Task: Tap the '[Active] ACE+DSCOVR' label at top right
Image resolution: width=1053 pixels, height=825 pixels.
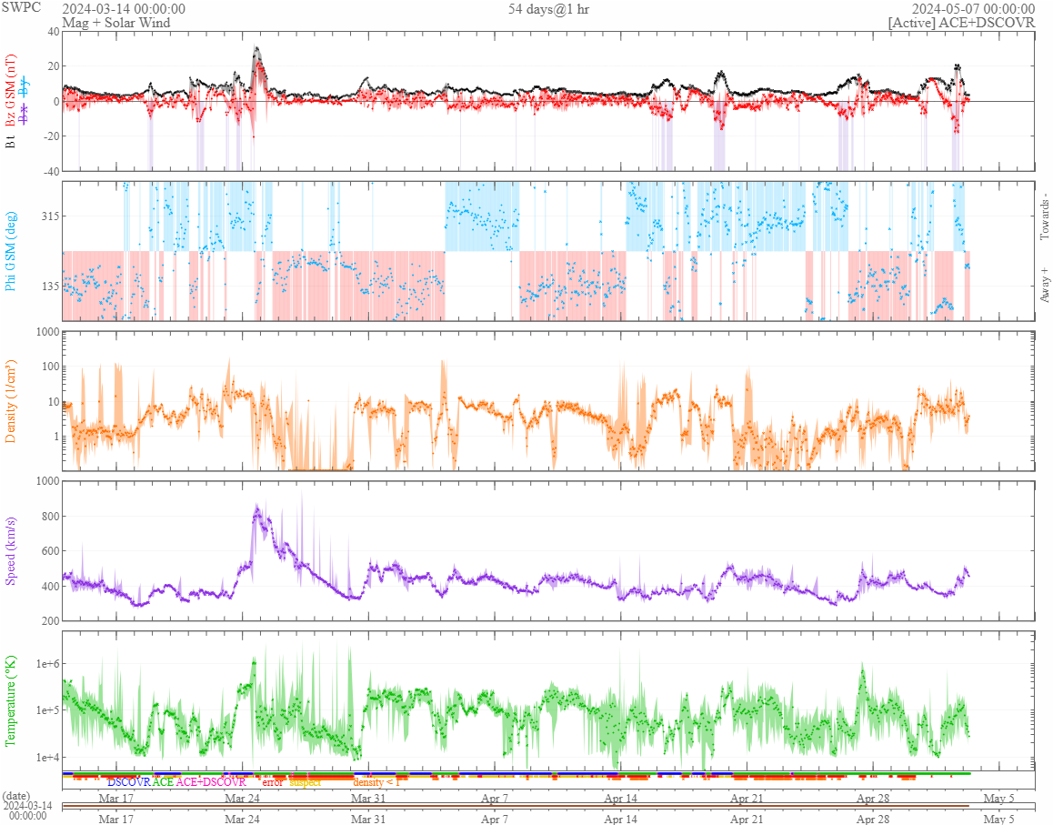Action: pos(961,23)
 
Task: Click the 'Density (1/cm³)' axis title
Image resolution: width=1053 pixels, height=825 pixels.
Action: pos(12,401)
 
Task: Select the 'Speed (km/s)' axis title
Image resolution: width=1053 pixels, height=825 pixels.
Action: pos(12,550)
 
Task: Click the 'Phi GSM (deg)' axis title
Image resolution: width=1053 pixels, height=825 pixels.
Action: pos(12,250)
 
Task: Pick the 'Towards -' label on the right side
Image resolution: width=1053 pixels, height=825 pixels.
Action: pos(1043,216)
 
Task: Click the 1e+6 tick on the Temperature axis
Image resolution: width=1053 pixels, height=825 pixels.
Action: pos(45,664)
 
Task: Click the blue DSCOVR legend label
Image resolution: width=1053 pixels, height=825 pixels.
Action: pos(128,782)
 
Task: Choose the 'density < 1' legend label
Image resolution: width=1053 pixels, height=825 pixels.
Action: pos(376,782)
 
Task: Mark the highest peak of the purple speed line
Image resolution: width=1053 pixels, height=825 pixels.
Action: pos(257,506)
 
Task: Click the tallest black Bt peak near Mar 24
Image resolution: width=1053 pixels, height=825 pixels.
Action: pos(256,47)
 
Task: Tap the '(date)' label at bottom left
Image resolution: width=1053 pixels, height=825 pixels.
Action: pos(17,796)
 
